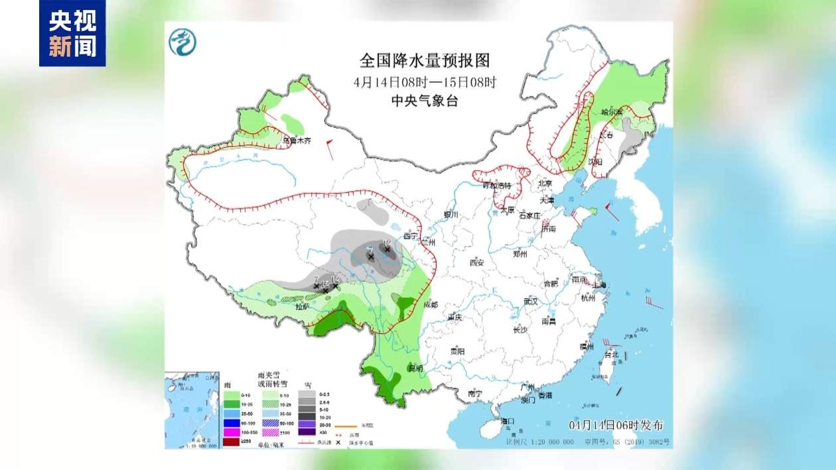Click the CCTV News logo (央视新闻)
coord(72,33)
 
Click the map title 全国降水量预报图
coord(425,61)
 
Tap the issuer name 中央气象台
coord(425,101)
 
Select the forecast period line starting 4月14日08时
coord(425,82)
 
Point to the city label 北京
coord(545,183)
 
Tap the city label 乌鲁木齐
coord(297,141)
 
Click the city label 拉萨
coord(303,307)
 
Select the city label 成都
coord(430,305)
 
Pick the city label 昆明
coord(416,367)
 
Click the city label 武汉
coord(529,301)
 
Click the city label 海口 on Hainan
coord(508,421)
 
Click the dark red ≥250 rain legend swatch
coord(232,441)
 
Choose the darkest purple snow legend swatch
coord(306,432)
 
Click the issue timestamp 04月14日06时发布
coord(616,425)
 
